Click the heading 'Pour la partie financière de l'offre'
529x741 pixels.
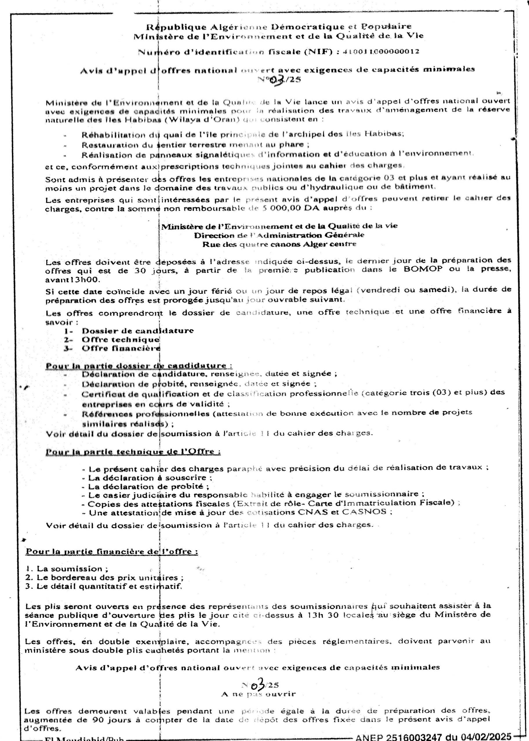pyautogui.click(x=112, y=552)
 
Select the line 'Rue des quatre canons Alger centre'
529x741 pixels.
pyautogui.click(x=279, y=244)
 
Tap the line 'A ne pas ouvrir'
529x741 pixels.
pyautogui.click(x=258, y=694)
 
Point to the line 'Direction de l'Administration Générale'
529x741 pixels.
pyautogui.click(x=279, y=235)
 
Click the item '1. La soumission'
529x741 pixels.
pyautogui.click(x=67, y=569)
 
